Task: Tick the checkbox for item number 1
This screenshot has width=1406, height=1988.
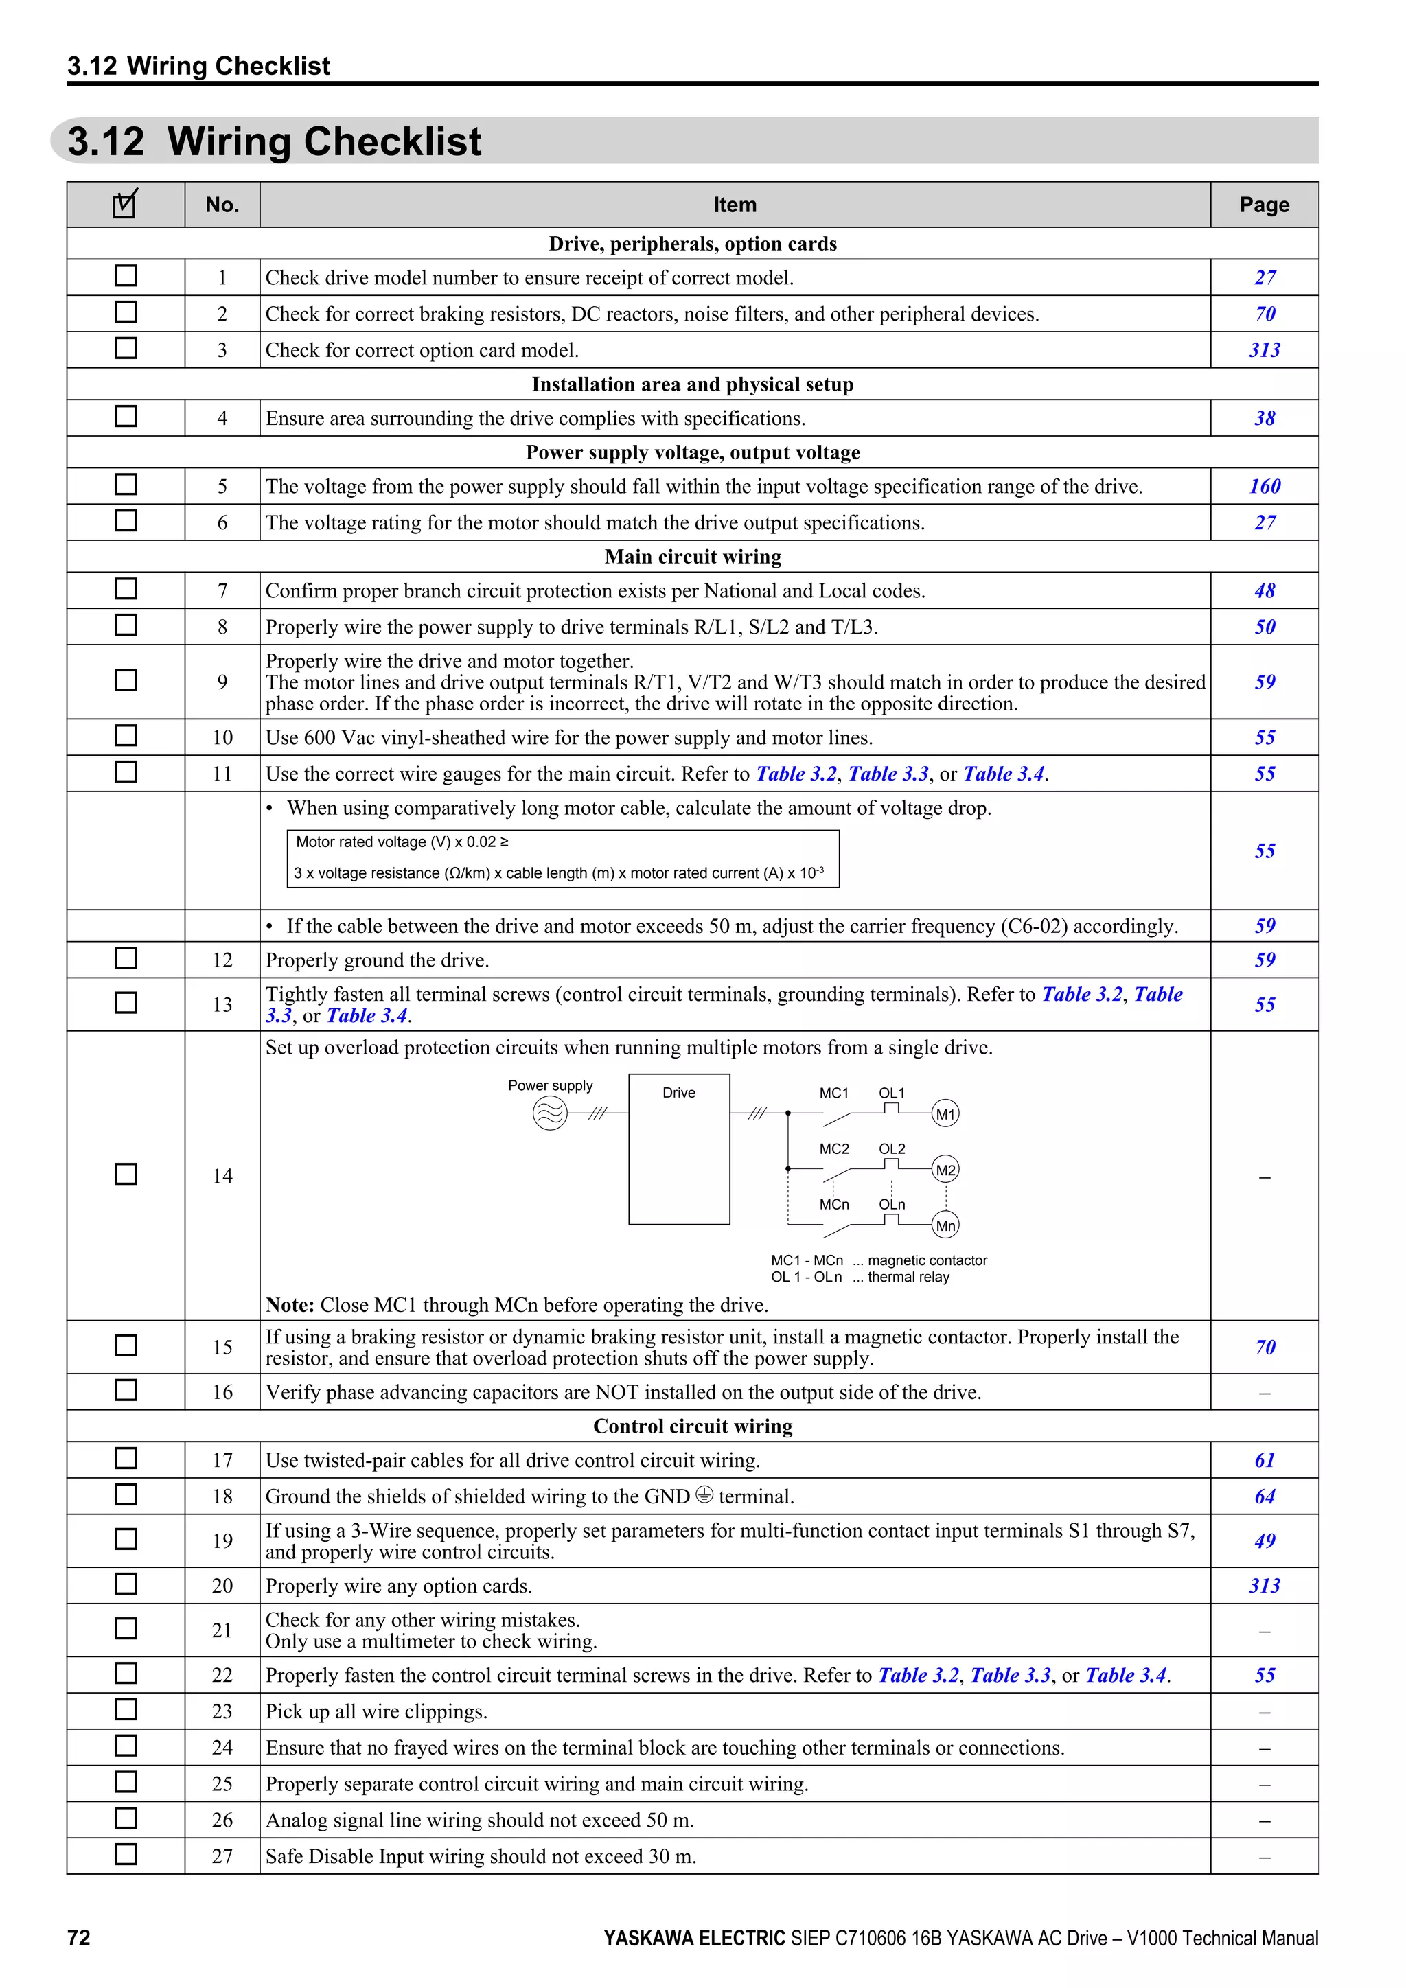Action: pyautogui.click(x=126, y=276)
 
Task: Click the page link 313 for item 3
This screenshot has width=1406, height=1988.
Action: pyautogui.click(x=1264, y=350)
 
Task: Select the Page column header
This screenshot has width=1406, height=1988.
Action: pyautogui.click(x=1264, y=205)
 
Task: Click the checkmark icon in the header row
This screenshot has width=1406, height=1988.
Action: pyautogui.click(x=126, y=205)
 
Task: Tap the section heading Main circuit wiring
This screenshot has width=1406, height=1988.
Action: pyautogui.click(x=693, y=557)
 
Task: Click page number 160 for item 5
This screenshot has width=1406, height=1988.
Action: pyautogui.click(x=1264, y=487)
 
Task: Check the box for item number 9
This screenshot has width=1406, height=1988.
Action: pyautogui.click(x=126, y=680)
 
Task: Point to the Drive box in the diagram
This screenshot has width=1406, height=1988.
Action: pyautogui.click(x=679, y=1149)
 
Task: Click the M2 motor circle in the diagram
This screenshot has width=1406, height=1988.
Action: pyautogui.click(x=945, y=1170)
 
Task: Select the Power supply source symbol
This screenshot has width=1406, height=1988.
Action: pyautogui.click(x=550, y=1113)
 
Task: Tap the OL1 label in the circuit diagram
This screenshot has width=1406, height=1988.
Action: pyautogui.click(x=892, y=1094)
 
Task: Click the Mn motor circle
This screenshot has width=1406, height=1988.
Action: pyautogui.click(x=945, y=1225)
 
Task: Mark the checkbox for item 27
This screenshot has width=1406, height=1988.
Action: pyautogui.click(x=126, y=1855)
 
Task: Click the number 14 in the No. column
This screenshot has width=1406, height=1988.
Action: pyautogui.click(x=222, y=1176)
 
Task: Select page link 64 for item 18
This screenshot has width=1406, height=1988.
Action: pyautogui.click(x=1264, y=1496)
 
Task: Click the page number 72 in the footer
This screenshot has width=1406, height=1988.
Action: pyautogui.click(x=79, y=1938)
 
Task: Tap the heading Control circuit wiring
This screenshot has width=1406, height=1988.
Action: pyautogui.click(x=693, y=1426)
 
